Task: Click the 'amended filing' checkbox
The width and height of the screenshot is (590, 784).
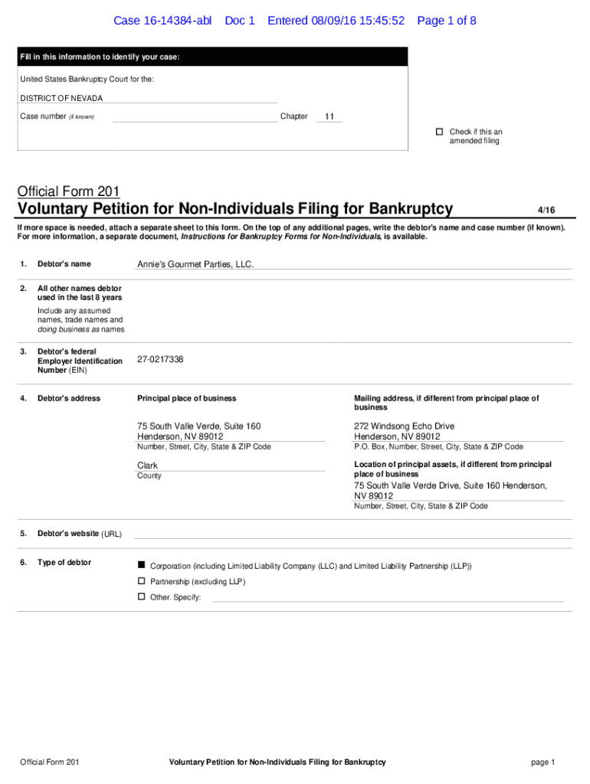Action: pos(440,132)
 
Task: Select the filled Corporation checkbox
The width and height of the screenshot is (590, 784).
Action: pos(141,564)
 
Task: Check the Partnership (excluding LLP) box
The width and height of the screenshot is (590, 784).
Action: pos(141,581)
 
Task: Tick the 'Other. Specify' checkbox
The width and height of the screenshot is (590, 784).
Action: pos(141,596)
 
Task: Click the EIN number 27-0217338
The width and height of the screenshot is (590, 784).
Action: pos(160,359)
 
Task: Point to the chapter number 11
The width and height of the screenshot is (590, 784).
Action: pos(329,117)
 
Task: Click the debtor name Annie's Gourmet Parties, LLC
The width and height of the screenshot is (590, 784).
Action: pos(195,264)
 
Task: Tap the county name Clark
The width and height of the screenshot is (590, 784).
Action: pos(147,465)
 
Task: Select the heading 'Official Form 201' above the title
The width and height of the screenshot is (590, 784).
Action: pos(68,191)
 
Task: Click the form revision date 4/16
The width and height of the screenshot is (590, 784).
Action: pos(546,209)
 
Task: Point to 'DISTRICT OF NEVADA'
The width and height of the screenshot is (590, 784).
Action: pos(61,98)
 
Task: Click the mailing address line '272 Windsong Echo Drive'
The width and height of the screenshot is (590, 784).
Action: pos(404,426)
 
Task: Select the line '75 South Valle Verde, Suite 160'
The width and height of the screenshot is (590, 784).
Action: pos(198,426)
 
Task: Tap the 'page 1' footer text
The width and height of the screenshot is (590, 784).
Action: pos(542,762)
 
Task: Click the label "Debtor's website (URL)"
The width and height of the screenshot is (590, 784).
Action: pos(80,534)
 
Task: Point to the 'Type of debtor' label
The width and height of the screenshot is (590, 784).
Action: pos(64,563)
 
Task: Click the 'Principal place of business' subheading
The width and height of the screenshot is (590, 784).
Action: pos(186,398)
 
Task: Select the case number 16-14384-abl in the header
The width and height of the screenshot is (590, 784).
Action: pos(162,21)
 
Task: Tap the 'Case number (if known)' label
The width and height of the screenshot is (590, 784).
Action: pos(57,116)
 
